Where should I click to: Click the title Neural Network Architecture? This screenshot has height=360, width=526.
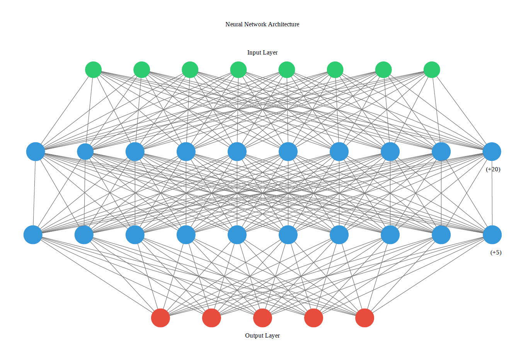(262, 24)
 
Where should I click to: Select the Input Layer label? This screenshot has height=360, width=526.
(262, 53)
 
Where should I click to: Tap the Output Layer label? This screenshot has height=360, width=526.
(262, 336)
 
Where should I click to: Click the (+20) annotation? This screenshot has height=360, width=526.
(493, 169)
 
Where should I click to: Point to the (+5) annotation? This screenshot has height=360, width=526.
(495, 253)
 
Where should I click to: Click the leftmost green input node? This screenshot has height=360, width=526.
(93, 70)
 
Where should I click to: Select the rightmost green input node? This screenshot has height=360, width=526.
(431, 70)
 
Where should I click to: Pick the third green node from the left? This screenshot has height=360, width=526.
(190, 70)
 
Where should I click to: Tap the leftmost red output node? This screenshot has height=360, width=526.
(160, 318)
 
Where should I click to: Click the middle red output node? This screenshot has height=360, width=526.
(262, 318)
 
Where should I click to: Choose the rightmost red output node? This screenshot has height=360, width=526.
(364, 318)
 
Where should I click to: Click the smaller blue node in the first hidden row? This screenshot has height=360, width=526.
(85, 152)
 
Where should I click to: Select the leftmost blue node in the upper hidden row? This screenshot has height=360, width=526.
(36, 152)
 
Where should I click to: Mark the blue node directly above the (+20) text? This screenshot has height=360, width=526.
(492, 152)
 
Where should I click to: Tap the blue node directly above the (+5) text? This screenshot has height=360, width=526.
(492, 235)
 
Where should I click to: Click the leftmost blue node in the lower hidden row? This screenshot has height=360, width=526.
(33, 235)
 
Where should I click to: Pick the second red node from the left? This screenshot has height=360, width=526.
(211, 318)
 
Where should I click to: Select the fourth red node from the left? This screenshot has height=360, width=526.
(313, 318)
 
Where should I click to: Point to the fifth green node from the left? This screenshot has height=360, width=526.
(286, 70)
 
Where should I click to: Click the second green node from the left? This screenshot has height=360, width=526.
(141, 70)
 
